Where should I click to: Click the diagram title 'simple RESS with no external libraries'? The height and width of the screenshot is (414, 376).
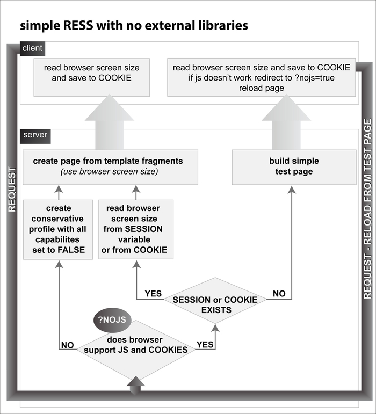134,25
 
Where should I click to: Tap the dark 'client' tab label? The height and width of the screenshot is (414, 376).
32,48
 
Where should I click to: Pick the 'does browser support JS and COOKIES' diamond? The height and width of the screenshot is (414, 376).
134,345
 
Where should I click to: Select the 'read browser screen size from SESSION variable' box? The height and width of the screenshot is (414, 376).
136,229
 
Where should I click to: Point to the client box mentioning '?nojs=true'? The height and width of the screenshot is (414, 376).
262,78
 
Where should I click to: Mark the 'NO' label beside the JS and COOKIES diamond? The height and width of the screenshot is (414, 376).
67,346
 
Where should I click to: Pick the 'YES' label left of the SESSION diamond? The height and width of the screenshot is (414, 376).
154,294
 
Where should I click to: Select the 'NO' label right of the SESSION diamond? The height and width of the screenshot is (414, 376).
279,294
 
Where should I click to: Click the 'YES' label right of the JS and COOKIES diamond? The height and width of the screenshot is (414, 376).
205,345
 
